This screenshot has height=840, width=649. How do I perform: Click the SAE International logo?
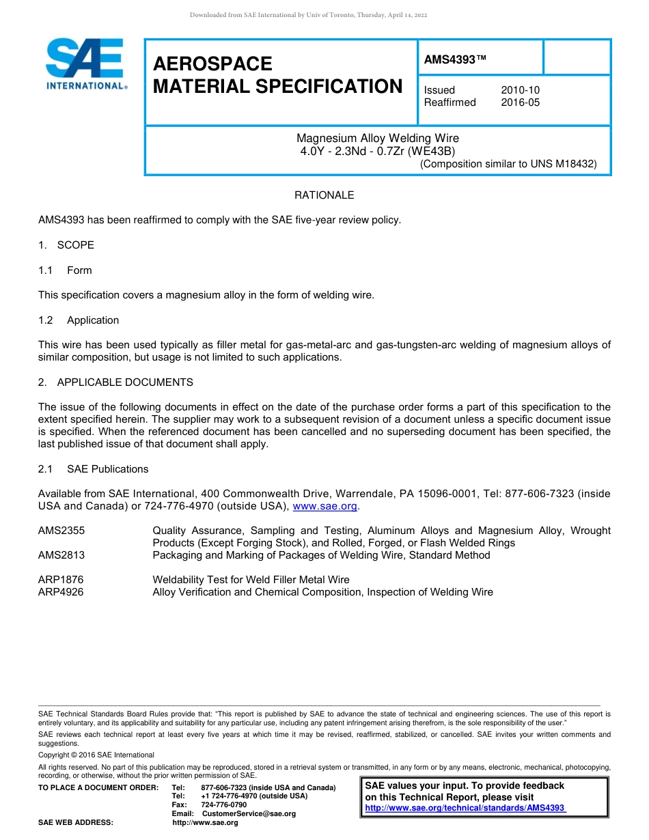coord(85,64)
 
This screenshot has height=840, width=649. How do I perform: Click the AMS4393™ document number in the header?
coord(455,59)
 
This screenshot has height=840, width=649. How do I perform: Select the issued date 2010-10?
coord(520,90)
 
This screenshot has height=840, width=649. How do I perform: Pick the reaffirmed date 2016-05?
coord(520,102)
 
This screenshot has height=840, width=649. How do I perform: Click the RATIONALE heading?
coord(324,195)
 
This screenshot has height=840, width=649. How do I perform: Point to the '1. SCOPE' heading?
coord(66,245)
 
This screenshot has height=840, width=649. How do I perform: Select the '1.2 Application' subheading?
coord(79,320)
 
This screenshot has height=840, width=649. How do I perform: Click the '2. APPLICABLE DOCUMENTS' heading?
coord(115,382)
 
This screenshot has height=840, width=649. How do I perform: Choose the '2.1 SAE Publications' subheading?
coord(93,469)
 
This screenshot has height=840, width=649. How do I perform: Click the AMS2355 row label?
coord(61,531)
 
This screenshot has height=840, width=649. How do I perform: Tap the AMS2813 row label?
coord(61,555)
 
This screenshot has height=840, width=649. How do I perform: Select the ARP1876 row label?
coord(61,580)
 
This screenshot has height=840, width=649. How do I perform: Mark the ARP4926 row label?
coord(61,592)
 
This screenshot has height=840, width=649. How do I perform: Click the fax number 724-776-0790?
coord(224,805)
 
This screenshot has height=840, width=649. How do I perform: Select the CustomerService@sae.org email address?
coord(249,814)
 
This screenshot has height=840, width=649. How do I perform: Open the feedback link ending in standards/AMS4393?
coord(465,808)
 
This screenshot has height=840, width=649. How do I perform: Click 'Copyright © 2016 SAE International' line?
coord(96,755)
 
